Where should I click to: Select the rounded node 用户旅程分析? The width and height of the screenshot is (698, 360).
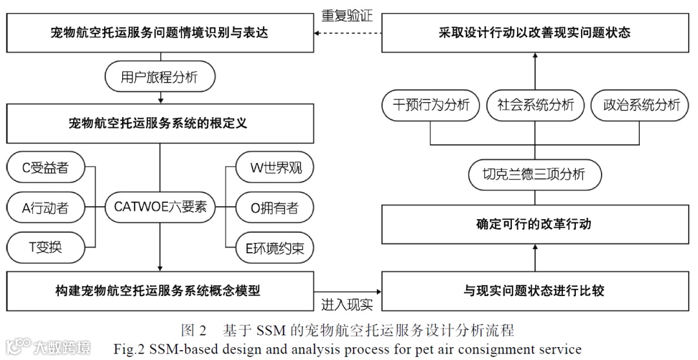160,78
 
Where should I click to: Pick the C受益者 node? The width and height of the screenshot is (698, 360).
46,169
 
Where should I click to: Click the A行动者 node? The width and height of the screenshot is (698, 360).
46,208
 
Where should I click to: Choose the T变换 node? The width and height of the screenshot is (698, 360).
46,247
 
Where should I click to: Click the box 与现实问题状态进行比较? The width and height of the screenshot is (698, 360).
534,291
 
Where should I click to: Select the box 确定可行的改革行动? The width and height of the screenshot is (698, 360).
534,224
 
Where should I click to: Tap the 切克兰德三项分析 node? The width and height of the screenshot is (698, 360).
534,175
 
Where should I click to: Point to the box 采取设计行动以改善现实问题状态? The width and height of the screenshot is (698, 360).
534,32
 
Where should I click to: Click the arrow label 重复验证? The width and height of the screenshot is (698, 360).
347,16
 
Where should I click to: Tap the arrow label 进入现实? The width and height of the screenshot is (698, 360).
347,304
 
